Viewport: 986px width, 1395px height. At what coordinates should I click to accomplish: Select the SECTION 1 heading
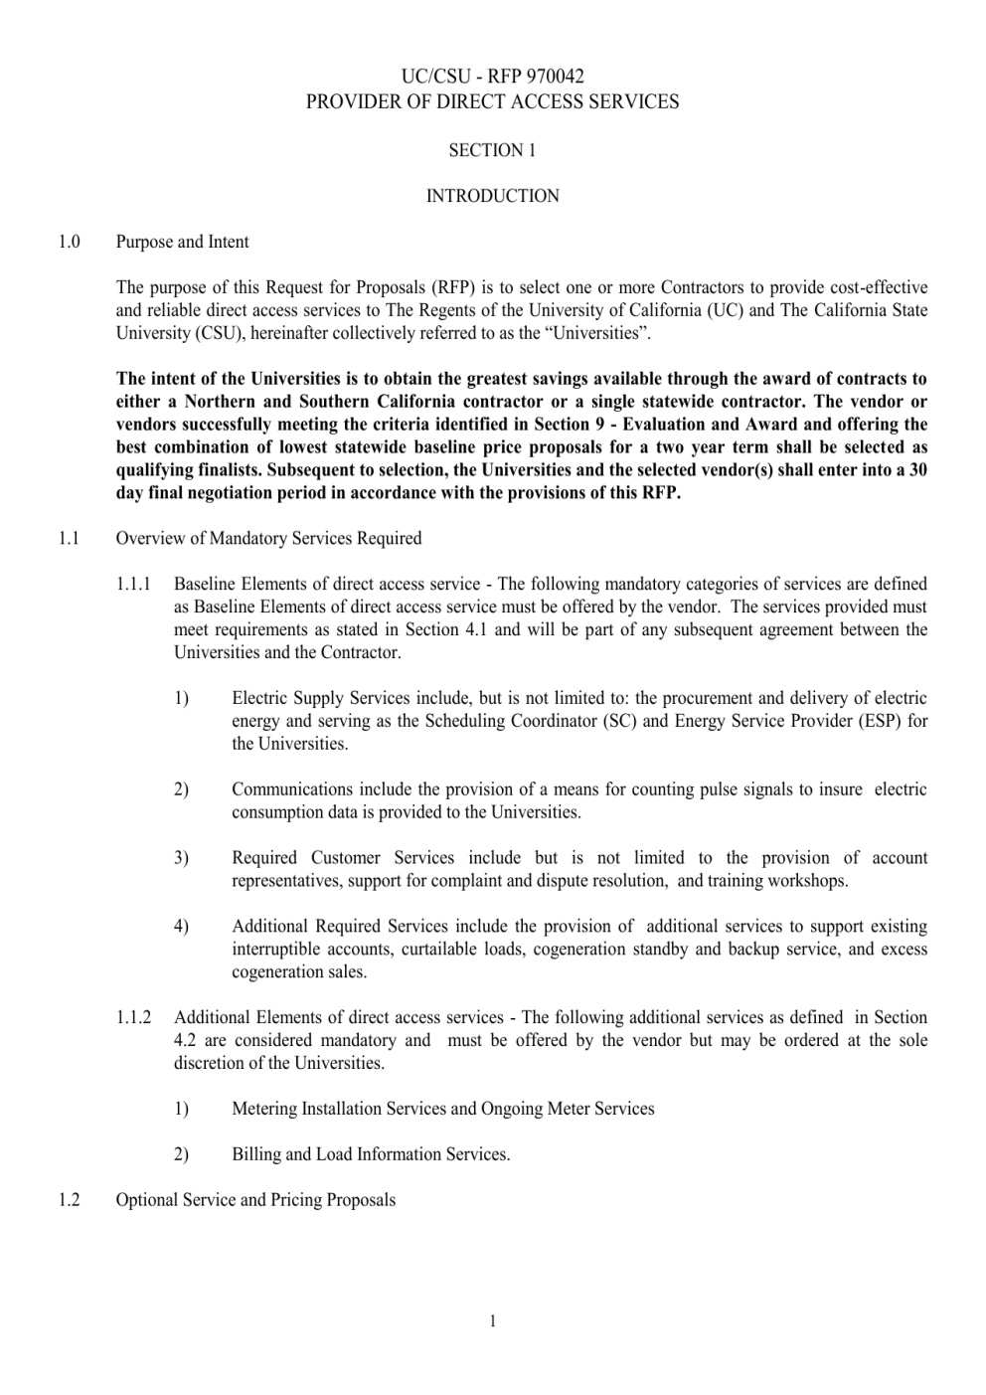click(492, 150)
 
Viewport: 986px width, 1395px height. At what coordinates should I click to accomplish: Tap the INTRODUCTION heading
click(492, 196)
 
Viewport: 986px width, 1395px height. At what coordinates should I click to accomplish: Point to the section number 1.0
click(69, 242)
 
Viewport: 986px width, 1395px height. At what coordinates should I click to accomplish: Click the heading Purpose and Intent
click(182, 242)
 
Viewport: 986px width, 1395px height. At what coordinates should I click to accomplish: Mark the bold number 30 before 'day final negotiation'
click(917, 470)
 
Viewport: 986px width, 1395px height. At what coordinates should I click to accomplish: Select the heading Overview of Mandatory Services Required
click(268, 538)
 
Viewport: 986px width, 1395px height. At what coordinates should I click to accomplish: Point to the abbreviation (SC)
click(619, 721)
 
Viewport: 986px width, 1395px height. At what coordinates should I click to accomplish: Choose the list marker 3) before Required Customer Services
click(181, 857)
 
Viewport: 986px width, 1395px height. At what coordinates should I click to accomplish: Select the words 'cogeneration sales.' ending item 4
click(299, 971)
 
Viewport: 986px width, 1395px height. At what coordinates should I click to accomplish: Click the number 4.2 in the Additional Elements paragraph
click(186, 1040)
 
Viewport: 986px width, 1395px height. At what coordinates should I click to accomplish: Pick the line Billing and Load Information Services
click(371, 1154)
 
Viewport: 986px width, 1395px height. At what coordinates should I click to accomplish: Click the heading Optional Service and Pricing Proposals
click(255, 1200)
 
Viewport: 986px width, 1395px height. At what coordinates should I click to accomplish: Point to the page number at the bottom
click(492, 1320)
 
